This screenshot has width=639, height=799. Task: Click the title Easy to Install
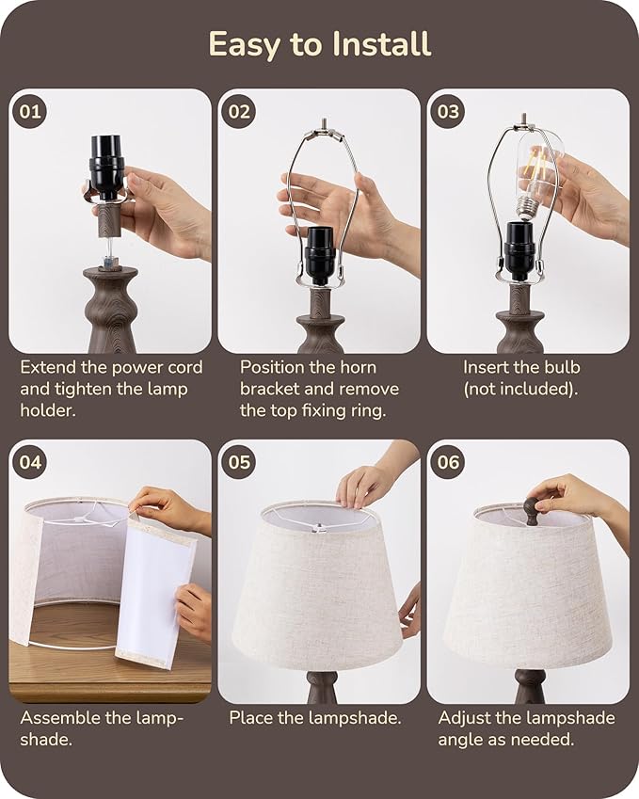click(x=319, y=44)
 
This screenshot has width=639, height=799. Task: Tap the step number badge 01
click(x=30, y=112)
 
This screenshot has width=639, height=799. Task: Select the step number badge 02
click(x=240, y=112)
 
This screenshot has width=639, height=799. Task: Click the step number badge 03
click(x=449, y=112)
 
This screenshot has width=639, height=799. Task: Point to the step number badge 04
click(x=30, y=462)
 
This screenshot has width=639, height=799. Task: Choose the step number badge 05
click(x=240, y=462)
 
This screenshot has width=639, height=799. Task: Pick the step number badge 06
click(x=449, y=462)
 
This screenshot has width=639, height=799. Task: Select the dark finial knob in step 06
click(x=533, y=510)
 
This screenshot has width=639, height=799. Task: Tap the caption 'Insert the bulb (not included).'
click(x=521, y=377)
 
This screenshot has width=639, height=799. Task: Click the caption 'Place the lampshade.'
click(x=315, y=718)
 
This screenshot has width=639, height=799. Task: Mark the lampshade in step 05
click(x=317, y=593)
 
